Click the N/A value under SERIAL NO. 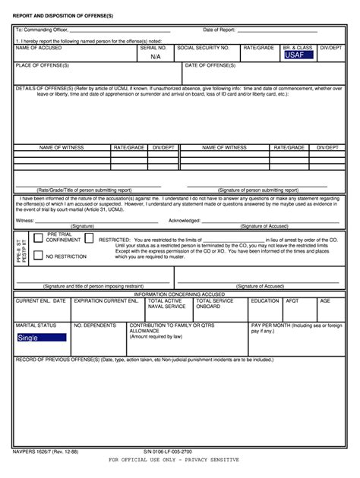(156, 56)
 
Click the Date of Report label (219, 30)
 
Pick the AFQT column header (292, 300)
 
